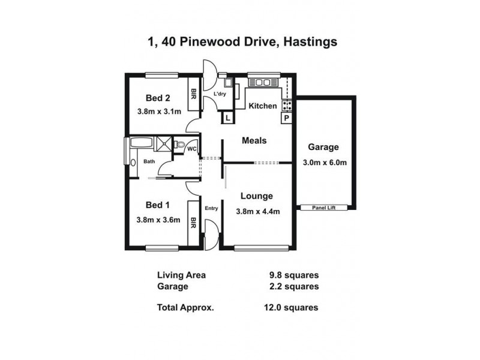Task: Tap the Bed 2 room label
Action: (158, 98)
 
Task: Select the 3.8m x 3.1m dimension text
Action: (158, 111)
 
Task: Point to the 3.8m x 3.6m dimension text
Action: (158, 220)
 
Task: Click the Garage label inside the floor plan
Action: (323, 147)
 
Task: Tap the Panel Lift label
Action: (325, 208)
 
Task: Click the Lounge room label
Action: (257, 196)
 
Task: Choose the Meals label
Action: (254, 140)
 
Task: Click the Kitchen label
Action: (263, 106)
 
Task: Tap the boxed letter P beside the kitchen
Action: (286, 118)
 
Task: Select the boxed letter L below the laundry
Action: (227, 118)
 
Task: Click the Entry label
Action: (211, 208)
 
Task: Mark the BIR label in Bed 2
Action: (194, 94)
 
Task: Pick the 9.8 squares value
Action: (293, 275)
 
